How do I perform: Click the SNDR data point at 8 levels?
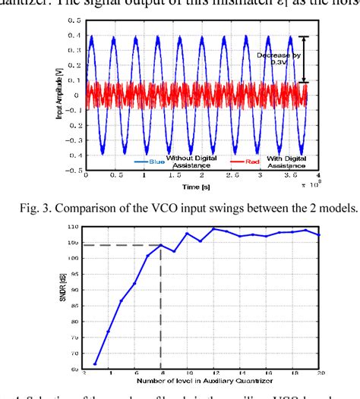(x=161, y=245)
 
